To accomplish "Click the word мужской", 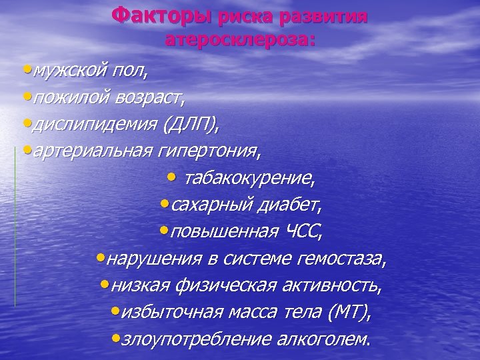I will click(63, 69).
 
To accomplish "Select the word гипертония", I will click(207, 151).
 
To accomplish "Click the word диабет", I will click(295, 206).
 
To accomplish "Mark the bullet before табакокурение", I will click(172, 177).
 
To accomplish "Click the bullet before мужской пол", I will click(25, 68).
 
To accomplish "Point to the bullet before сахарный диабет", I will click(164, 205).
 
